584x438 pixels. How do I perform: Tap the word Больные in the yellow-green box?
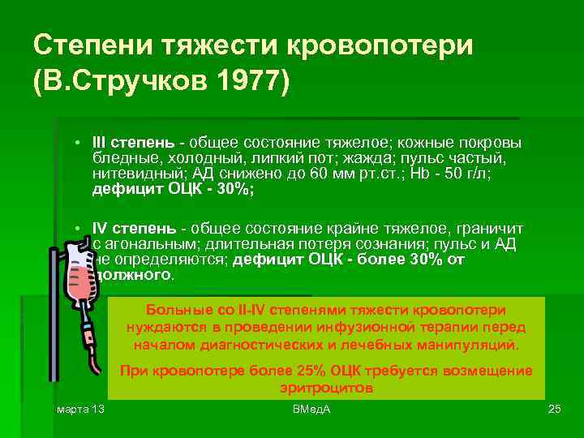pos(171,310)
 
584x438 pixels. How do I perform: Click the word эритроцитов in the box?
pos(326,387)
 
